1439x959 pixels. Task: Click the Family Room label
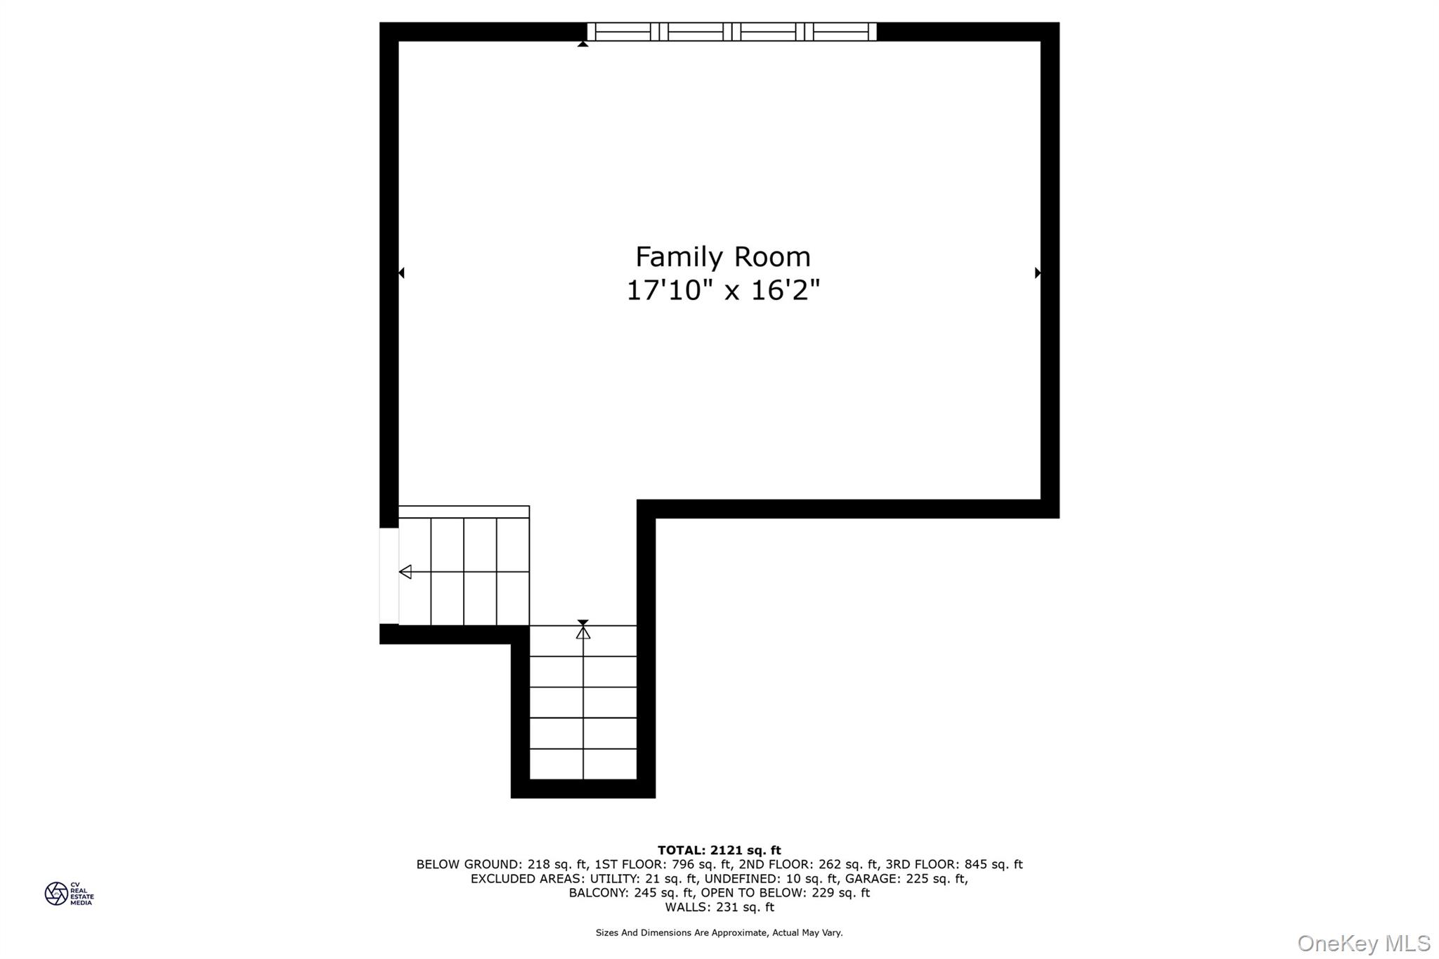723,257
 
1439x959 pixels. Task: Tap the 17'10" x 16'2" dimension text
723,290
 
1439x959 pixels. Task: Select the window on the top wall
732,32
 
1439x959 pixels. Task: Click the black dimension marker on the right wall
1038,273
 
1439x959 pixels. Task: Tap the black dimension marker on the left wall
401,273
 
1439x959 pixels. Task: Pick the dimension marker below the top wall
582,44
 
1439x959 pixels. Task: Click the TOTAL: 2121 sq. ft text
719,850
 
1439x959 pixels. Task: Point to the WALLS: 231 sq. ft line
719,907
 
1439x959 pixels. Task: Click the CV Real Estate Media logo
69,894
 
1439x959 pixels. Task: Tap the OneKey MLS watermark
1364,943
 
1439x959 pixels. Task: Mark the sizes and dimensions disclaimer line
719,933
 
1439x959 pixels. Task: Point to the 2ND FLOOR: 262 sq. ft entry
809,864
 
